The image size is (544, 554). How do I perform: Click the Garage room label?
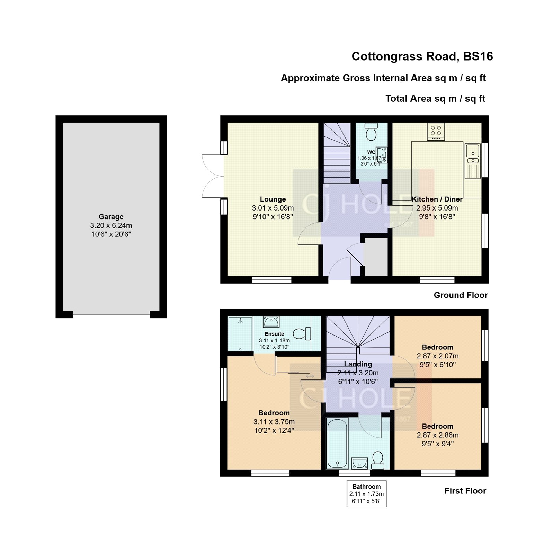point(111,217)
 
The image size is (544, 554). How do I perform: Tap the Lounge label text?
point(273,199)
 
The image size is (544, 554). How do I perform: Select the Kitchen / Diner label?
point(437,199)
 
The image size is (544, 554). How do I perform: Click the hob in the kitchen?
point(436,132)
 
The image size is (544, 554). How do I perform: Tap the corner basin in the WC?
point(381,154)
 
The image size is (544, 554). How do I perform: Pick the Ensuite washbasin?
point(271,322)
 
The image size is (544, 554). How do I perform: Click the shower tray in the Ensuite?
point(240,334)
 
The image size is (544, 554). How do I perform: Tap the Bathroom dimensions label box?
point(366,494)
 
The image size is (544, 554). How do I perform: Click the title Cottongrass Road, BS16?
point(422,56)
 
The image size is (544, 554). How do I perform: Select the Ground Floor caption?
point(461,295)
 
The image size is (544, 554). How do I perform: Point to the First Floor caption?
point(465,491)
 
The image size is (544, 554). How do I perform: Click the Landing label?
point(358,364)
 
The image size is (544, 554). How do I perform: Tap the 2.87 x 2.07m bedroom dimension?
point(437,356)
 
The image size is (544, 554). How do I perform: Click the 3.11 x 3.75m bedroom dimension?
point(274,422)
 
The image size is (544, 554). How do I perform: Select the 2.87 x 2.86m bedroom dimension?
point(437,435)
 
